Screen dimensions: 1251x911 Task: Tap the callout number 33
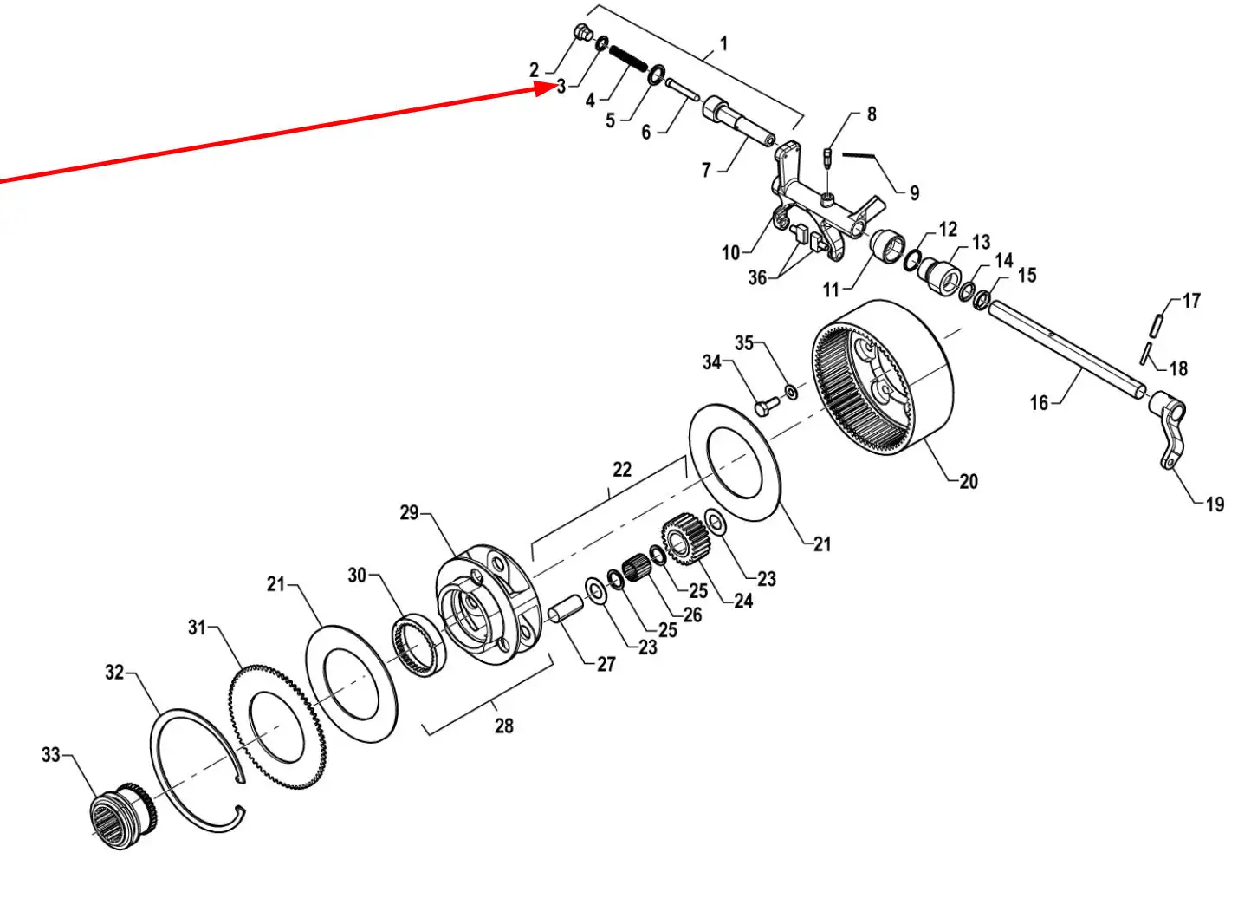[x=51, y=754]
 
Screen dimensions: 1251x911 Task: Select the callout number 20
[x=969, y=481]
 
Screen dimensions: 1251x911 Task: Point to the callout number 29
[x=409, y=512]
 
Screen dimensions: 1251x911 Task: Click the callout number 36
[x=757, y=277]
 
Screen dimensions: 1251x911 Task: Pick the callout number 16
[x=1039, y=402]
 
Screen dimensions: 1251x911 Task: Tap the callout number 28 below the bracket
[x=503, y=726]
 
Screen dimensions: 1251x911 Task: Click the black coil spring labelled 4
[x=628, y=59]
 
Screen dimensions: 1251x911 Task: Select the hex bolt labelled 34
[x=767, y=405]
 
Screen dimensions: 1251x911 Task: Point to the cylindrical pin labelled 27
[x=565, y=608]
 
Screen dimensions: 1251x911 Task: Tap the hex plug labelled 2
[x=584, y=32]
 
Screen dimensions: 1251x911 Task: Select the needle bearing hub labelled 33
[x=123, y=816]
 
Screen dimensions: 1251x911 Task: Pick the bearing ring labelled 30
[x=418, y=644]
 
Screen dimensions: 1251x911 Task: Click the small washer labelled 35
[x=791, y=391]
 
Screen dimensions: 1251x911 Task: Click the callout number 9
[x=914, y=192]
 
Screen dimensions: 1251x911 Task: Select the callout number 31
[x=198, y=627]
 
